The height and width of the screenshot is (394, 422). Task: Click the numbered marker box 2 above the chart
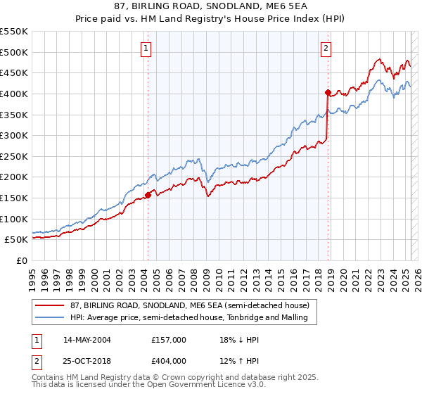[x=327, y=49]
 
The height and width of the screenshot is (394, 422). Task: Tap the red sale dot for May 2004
[x=148, y=195]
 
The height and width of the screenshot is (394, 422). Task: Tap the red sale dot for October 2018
[x=328, y=92]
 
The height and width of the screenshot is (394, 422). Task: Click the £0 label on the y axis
[x=22, y=260]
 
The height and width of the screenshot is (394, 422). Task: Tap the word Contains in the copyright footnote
[x=49, y=378]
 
